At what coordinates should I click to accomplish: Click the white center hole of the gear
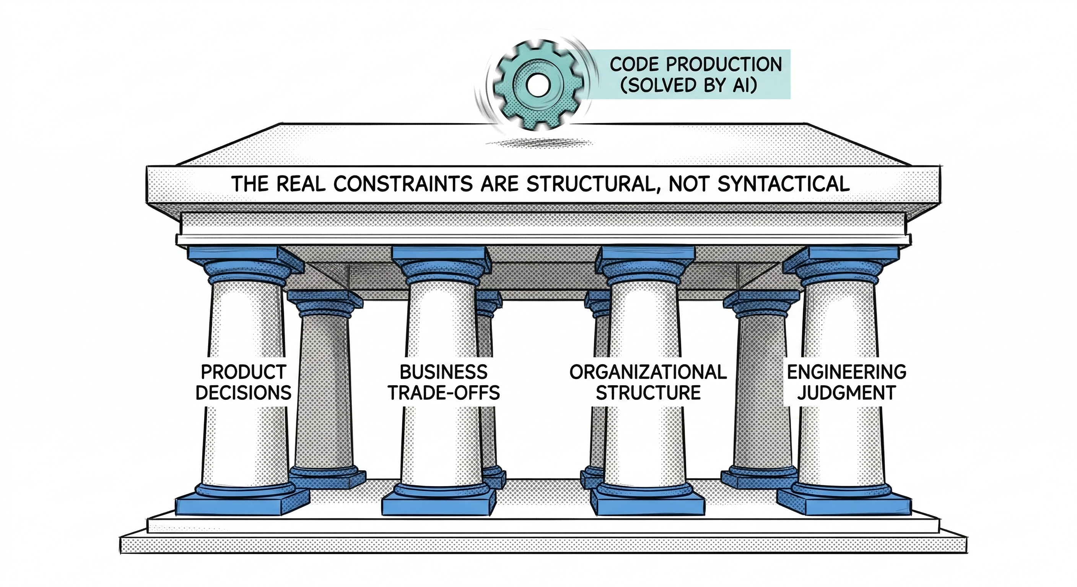pyautogui.click(x=534, y=84)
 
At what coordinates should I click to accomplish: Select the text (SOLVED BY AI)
pyautogui.click(x=688, y=85)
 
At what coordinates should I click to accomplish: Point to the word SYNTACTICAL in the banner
pyautogui.click(x=784, y=184)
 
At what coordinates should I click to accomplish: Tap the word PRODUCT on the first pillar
pyautogui.click(x=243, y=372)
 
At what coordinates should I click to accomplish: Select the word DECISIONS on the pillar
pyautogui.click(x=243, y=393)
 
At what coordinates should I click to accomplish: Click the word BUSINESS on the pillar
pyautogui.click(x=444, y=372)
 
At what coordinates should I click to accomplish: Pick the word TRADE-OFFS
pyautogui.click(x=444, y=393)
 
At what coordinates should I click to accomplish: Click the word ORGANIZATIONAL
pyautogui.click(x=648, y=372)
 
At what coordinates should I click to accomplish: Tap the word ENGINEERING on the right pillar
pyautogui.click(x=847, y=372)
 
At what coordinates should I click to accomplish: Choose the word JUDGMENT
pyautogui.click(x=847, y=393)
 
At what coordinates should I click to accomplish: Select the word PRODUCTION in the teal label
pyautogui.click(x=723, y=65)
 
